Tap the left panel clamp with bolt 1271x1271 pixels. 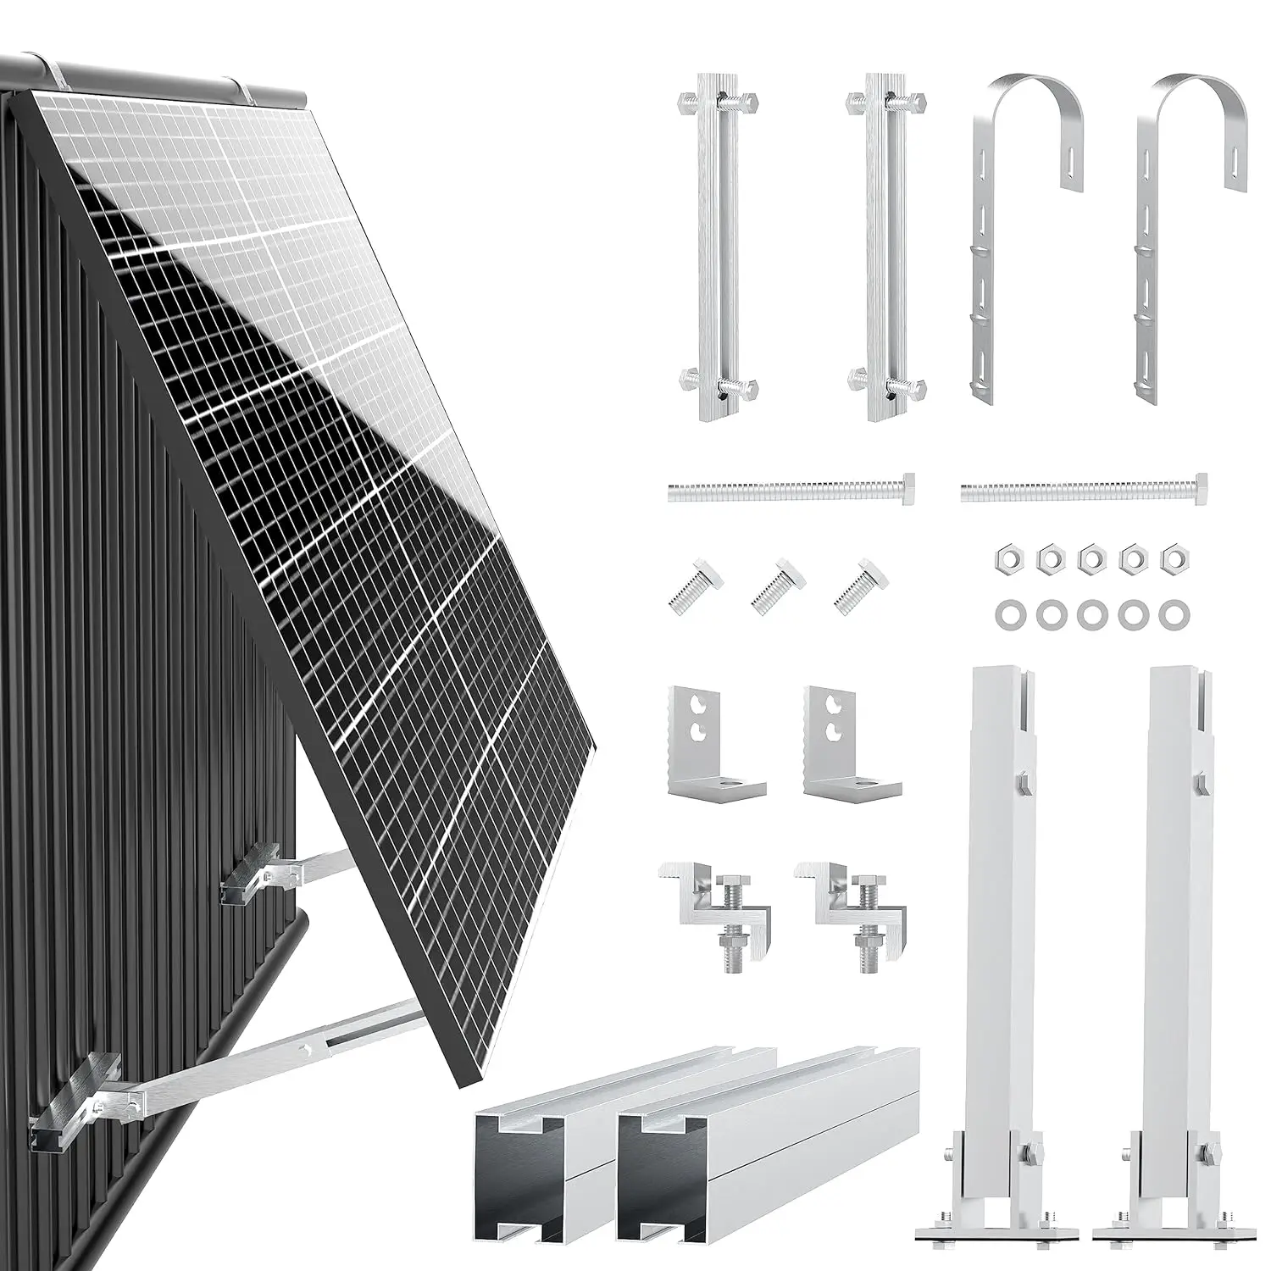708,907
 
